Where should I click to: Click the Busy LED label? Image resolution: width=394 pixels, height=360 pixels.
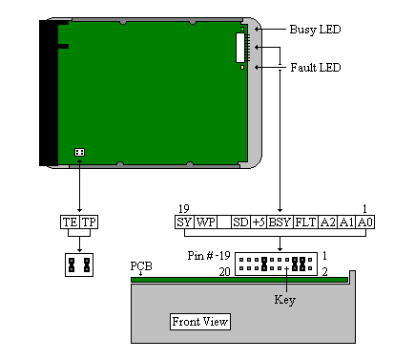[315, 30]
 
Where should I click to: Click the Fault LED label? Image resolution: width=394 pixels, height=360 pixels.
[316, 68]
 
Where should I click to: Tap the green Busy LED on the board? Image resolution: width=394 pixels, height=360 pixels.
[242, 30]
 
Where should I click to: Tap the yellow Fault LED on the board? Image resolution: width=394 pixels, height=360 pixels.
[242, 67]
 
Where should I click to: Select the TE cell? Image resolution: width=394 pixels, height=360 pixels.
[70, 222]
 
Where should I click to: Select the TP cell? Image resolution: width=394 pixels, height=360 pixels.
[89, 222]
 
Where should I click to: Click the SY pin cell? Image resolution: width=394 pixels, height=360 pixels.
[184, 222]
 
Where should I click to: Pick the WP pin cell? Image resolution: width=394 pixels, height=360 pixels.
[205, 222]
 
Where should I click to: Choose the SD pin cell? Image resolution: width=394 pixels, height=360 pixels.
[240, 222]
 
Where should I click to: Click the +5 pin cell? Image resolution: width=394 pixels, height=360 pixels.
[259, 222]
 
